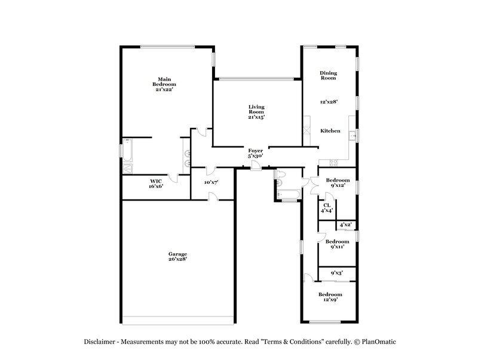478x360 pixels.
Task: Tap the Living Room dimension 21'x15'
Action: pos(256,118)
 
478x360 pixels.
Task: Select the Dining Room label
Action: pos(328,75)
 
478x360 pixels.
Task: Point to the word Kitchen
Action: pos(330,131)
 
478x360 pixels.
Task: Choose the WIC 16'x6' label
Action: pos(156,183)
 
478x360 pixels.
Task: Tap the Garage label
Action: pos(177,254)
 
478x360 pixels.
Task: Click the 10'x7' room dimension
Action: pos(211,182)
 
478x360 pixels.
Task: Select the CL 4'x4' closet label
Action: pos(327,208)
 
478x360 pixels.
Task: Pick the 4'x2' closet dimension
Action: pos(345,225)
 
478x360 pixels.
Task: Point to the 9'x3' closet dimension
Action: pos(338,273)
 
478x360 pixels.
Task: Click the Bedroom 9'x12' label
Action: pos(338,183)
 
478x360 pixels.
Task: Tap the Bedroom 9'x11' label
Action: pos(337,244)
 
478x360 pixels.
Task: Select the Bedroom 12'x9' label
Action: pos(330,297)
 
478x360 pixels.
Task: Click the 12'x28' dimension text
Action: pos(329,102)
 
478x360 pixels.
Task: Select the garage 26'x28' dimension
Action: pos(177,260)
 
